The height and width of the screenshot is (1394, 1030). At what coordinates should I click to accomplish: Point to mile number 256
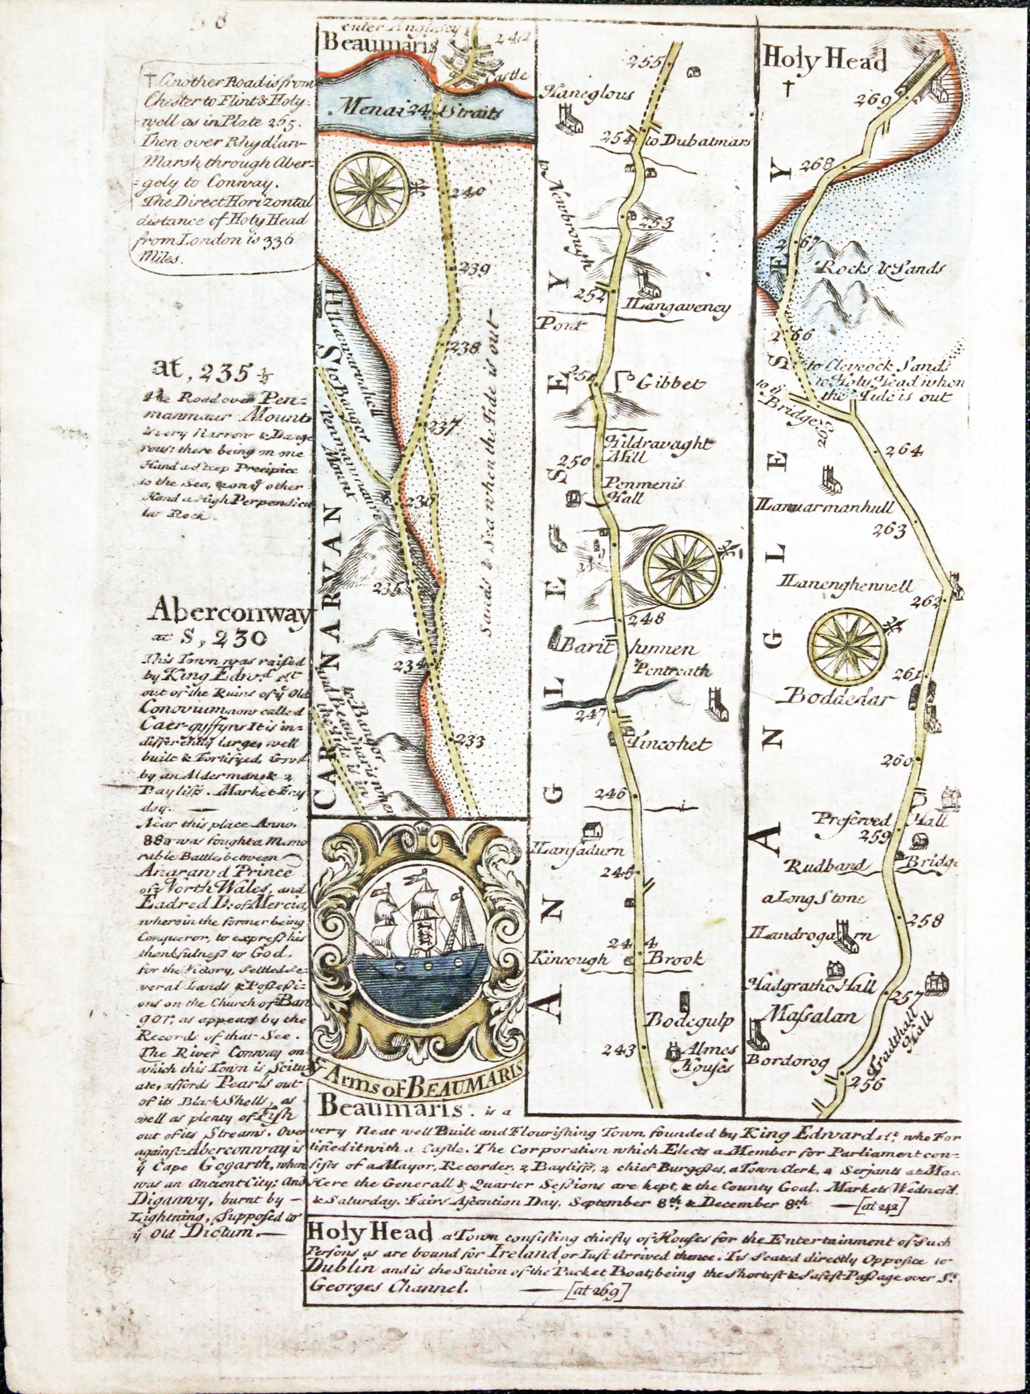tap(866, 1083)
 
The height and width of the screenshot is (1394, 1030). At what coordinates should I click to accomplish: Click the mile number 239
tap(474, 270)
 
